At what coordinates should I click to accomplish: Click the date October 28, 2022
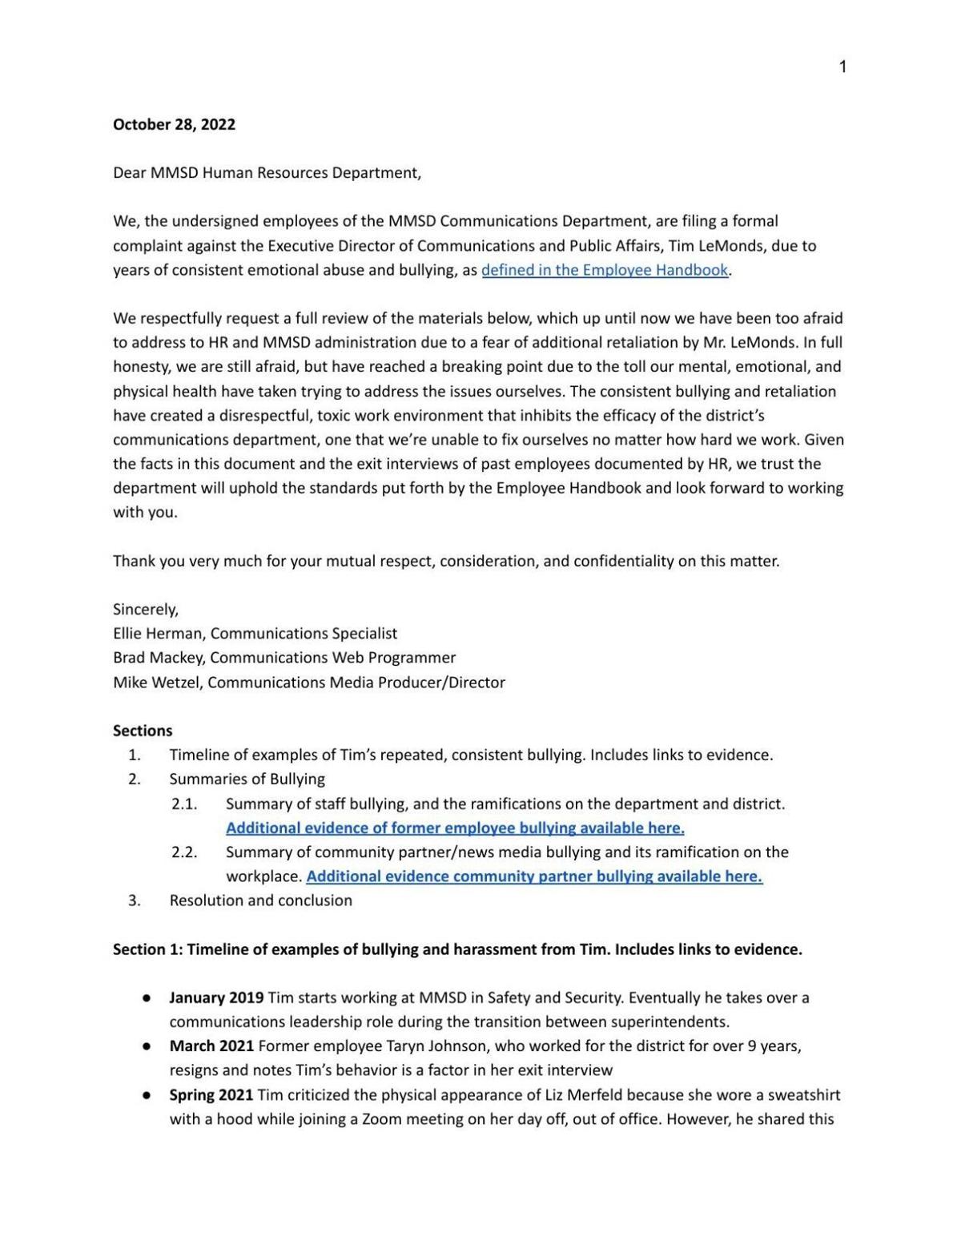[174, 124]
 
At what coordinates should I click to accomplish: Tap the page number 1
[842, 67]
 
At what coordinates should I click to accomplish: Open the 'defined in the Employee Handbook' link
[605, 270]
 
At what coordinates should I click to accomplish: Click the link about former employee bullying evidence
[455, 828]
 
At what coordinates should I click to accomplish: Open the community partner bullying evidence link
[534, 876]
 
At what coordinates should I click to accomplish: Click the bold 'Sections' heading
[143, 731]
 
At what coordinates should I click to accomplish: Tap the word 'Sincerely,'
[146, 609]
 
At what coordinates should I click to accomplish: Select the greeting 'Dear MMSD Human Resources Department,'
[267, 172]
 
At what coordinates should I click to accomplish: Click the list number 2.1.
[184, 804]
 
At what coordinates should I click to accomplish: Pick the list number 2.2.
[184, 852]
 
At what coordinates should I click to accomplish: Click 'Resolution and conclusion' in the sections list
[260, 901]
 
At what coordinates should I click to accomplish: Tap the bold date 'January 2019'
[216, 997]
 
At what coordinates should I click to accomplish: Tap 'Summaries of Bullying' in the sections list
[247, 779]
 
